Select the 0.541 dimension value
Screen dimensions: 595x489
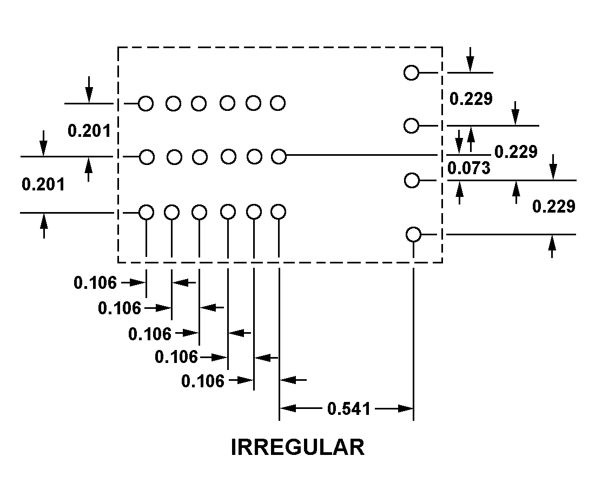pyautogui.click(x=349, y=408)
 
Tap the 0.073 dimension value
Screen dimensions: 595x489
pyautogui.click(x=468, y=168)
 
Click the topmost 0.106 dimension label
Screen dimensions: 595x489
pyautogui.click(x=95, y=282)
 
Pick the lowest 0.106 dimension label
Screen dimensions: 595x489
pyautogui.click(x=203, y=381)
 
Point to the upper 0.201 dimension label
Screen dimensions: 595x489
pyautogui.click(x=89, y=130)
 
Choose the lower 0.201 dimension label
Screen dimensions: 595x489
pyautogui.click(x=43, y=184)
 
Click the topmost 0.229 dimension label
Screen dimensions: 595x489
pyautogui.click(x=471, y=98)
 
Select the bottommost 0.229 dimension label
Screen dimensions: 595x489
pyautogui.click(x=554, y=207)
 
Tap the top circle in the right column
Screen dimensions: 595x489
pyautogui.click(x=411, y=72)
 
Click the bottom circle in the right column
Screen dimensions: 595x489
pyautogui.click(x=414, y=234)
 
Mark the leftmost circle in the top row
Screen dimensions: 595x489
pyautogui.click(x=146, y=103)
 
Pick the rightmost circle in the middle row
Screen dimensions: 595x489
pyautogui.click(x=279, y=156)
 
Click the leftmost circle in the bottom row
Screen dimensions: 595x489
pyautogui.click(x=147, y=212)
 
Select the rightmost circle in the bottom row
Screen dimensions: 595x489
pyautogui.click(x=278, y=212)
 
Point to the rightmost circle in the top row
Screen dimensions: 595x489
pyautogui.click(x=278, y=103)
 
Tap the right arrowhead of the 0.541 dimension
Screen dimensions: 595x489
pyautogui.click(x=405, y=408)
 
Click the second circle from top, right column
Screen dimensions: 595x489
pyautogui.click(x=411, y=125)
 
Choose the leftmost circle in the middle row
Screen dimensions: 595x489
pyautogui.click(x=147, y=157)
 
